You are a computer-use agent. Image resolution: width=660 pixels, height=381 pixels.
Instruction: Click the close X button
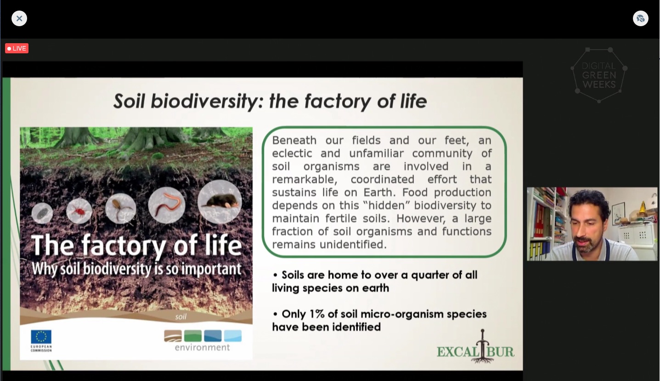pyautogui.click(x=19, y=18)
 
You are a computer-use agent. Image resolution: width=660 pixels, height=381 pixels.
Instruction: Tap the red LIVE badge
pyautogui.click(x=17, y=48)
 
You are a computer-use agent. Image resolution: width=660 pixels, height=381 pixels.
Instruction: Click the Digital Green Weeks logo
pyautogui.click(x=599, y=75)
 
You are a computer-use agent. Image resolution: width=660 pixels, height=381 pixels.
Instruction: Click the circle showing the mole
pyautogui.click(x=220, y=202)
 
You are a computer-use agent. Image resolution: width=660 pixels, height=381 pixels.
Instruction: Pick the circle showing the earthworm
pyautogui.click(x=167, y=205)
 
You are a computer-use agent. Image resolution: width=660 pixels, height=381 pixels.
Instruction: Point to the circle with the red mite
pyautogui.click(x=79, y=211)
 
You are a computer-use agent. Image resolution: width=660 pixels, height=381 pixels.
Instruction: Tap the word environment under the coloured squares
pyautogui.click(x=203, y=347)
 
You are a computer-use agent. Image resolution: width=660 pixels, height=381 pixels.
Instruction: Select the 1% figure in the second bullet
pyautogui.click(x=317, y=314)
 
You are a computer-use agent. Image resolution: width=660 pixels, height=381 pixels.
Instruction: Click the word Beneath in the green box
pyautogui.click(x=294, y=140)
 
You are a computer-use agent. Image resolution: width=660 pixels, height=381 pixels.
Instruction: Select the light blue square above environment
pyautogui.click(x=233, y=336)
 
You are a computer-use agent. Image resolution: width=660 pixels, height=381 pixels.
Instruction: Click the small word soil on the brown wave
pyautogui.click(x=181, y=317)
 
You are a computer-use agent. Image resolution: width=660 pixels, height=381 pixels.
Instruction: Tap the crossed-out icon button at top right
pyautogui.click(x=641, y=18)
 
